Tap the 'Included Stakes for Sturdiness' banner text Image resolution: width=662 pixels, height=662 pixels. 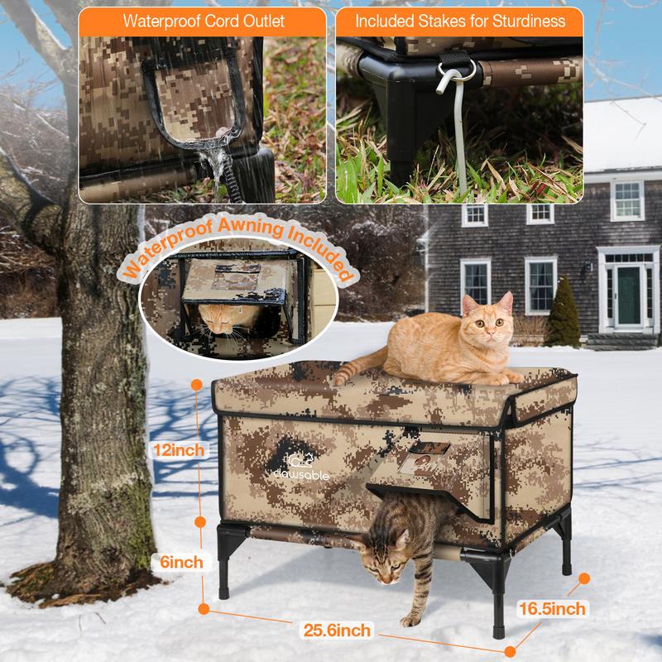(460, 20)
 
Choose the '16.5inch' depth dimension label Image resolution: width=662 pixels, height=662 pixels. (552, 609)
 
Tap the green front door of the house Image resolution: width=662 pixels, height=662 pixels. (629, 295)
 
